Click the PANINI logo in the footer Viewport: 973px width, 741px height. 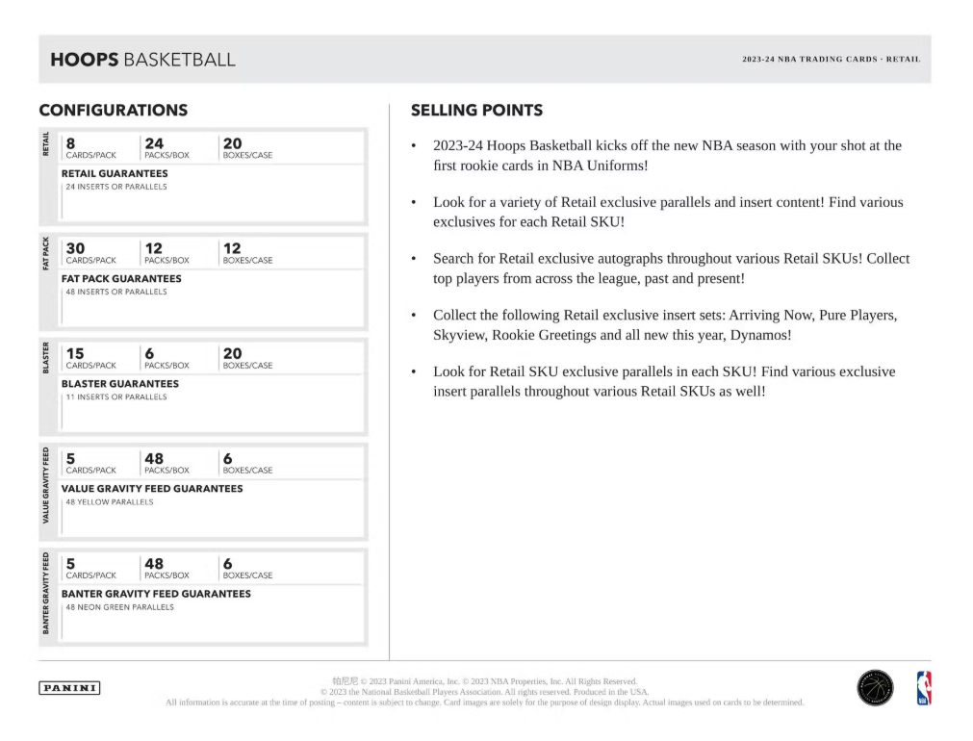pyautogui.click(x=69, y=688)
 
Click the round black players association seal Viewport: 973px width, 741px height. pyautogui.click(x=874, y=688)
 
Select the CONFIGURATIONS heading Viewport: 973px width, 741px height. pyautogui.click(x=113, y=111)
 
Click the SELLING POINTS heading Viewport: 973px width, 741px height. pyautogui.click(x=476, y=111)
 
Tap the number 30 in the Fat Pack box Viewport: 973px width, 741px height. pyautogui.click(x=74, y=248)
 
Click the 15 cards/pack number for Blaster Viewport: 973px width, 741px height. pyautogui.click(x=73, y=353)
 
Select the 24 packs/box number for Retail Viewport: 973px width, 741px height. pyautogui.click(x=153, y=142)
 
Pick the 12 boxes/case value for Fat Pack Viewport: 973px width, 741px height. pyautogui.click(x=232, y=248)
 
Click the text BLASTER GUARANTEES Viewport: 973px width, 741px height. pyautogui.click(x=119, y=383)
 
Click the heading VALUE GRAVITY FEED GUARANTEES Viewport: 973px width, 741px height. pyautogui.click(x=152, y=489)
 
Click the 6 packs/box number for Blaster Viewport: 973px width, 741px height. pyautogui.click(x=149, y=353)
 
